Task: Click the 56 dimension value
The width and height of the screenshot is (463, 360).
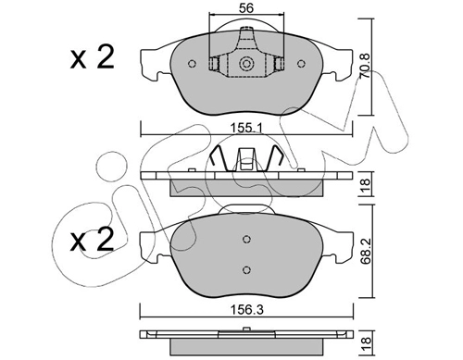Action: coord(246,8)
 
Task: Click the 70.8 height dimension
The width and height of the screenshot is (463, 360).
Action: coord(366,67)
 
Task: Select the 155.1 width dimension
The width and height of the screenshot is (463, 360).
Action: coord(246,127)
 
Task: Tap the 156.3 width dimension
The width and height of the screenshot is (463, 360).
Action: coord(247,310)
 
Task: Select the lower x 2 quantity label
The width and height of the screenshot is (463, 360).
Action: coord(92,240)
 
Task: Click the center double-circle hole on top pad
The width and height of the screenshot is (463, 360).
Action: coord(246,64)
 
